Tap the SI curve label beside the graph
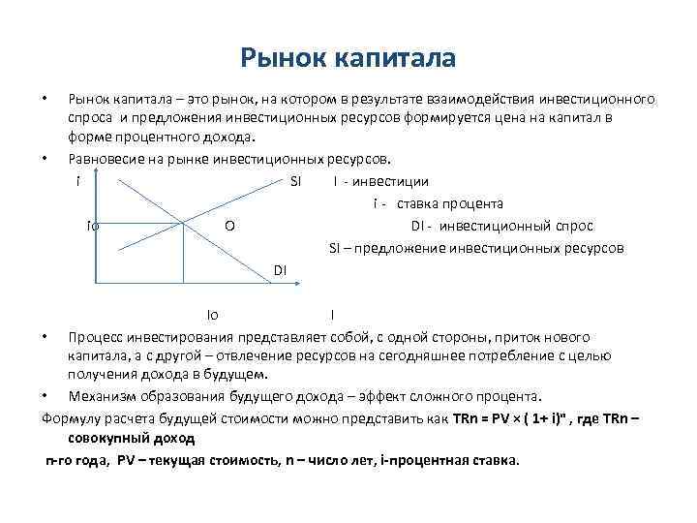click(x=296, y=181)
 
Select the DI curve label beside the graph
click(x=279, y=268)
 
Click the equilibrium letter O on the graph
click(x=228, y=226)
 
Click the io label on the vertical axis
click(x=92, y=226)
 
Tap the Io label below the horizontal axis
click(x=212, y=315)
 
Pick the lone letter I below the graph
click(x=332, y=315)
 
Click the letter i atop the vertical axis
click(x=77, y=181)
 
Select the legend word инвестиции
click(x=394, y=181)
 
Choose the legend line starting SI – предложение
click(x=476, y=248)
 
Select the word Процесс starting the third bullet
click(x=95, y=337)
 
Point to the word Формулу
click(x=73, y=419)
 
